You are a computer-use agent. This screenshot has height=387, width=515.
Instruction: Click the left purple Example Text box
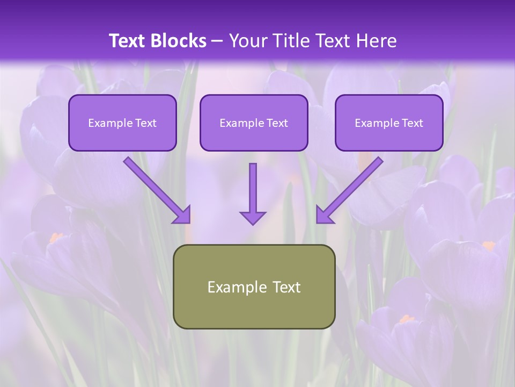click(x=122, y=123)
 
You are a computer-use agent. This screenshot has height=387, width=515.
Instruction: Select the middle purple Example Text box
click(x=254, y=123)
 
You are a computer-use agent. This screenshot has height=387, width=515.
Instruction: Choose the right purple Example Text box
click(x=389, y=123)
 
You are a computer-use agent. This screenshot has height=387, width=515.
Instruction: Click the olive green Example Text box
click(x=254, y=286)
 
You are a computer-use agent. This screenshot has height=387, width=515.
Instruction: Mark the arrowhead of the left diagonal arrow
click(x=183, y=216)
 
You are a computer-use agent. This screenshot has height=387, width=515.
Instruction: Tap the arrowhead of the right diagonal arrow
click(x=323, y=216)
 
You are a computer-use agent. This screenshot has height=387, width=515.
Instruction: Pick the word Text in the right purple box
click(x=412, y=123)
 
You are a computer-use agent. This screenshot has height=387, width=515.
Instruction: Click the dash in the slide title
click(x=217, y=41)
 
